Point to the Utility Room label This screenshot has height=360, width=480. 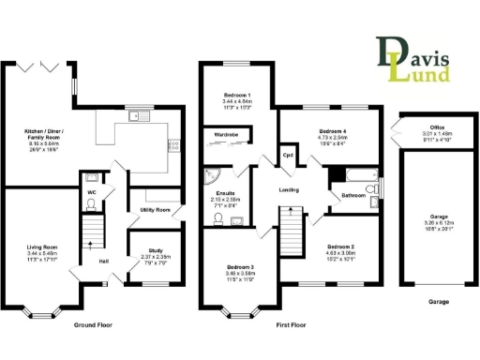tap(154, 210)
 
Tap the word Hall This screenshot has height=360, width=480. tap(104, 261)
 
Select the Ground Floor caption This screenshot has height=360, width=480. tap(94, 324)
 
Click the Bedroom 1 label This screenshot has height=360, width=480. tap(236, 96)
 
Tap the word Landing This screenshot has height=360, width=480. tap(289, 190)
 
